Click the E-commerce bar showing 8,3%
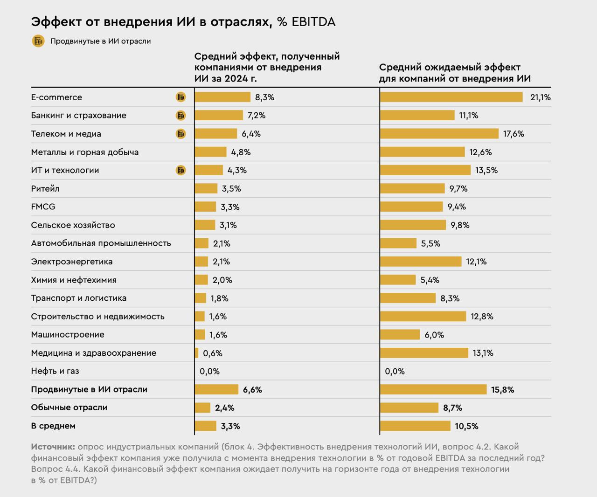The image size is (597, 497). point(222,97)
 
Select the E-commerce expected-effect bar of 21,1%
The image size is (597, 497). point(451,97)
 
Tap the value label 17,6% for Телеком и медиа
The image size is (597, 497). point(514,134)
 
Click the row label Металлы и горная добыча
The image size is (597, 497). point(85,152)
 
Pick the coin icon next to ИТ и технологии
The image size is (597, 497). point(180,170)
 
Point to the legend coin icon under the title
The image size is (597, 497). point(38,41)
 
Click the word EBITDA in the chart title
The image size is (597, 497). point(313,22)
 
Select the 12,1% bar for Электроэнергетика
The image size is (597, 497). point(421,262)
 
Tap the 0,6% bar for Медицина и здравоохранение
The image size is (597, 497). point(196,353)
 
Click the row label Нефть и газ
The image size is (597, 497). point(55,371)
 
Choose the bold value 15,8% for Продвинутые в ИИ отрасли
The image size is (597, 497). point(502,390)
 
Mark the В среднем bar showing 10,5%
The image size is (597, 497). point(415,426)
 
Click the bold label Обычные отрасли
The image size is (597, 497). point(69,407)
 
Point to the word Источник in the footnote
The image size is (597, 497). point(53,447)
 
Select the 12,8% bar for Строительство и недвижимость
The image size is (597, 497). point(423,317)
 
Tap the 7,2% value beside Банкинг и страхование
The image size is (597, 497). point(257,116)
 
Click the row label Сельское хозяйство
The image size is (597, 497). point(73,225)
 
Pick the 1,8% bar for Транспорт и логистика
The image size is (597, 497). point(200,298)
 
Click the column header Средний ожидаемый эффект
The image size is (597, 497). point(450,68)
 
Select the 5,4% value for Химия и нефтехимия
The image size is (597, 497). point(430,280)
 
